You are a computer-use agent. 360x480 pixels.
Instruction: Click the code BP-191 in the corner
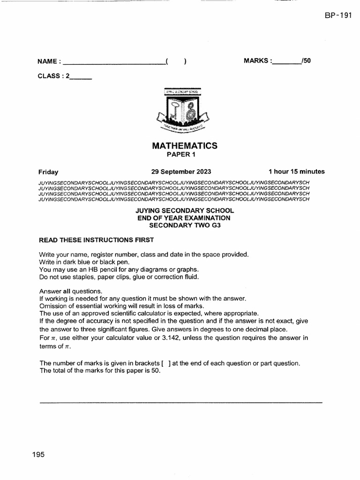pos(337,15)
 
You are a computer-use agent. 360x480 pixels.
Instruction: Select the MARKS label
pos(256,60)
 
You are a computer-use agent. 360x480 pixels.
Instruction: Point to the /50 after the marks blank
pos(306,60)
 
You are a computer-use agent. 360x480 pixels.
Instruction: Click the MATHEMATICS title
pos(184,146)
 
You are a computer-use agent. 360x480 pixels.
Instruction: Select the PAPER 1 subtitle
pos(184,154)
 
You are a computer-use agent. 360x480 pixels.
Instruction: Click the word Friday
pos(48,172)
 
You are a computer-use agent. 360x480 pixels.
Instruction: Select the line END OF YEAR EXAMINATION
pos(184,218)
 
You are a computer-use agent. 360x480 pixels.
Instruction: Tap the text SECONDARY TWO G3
pos(184,225)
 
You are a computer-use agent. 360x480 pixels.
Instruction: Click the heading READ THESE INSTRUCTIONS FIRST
pos(96,240)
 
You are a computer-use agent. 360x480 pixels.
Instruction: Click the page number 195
pos(38,454)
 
